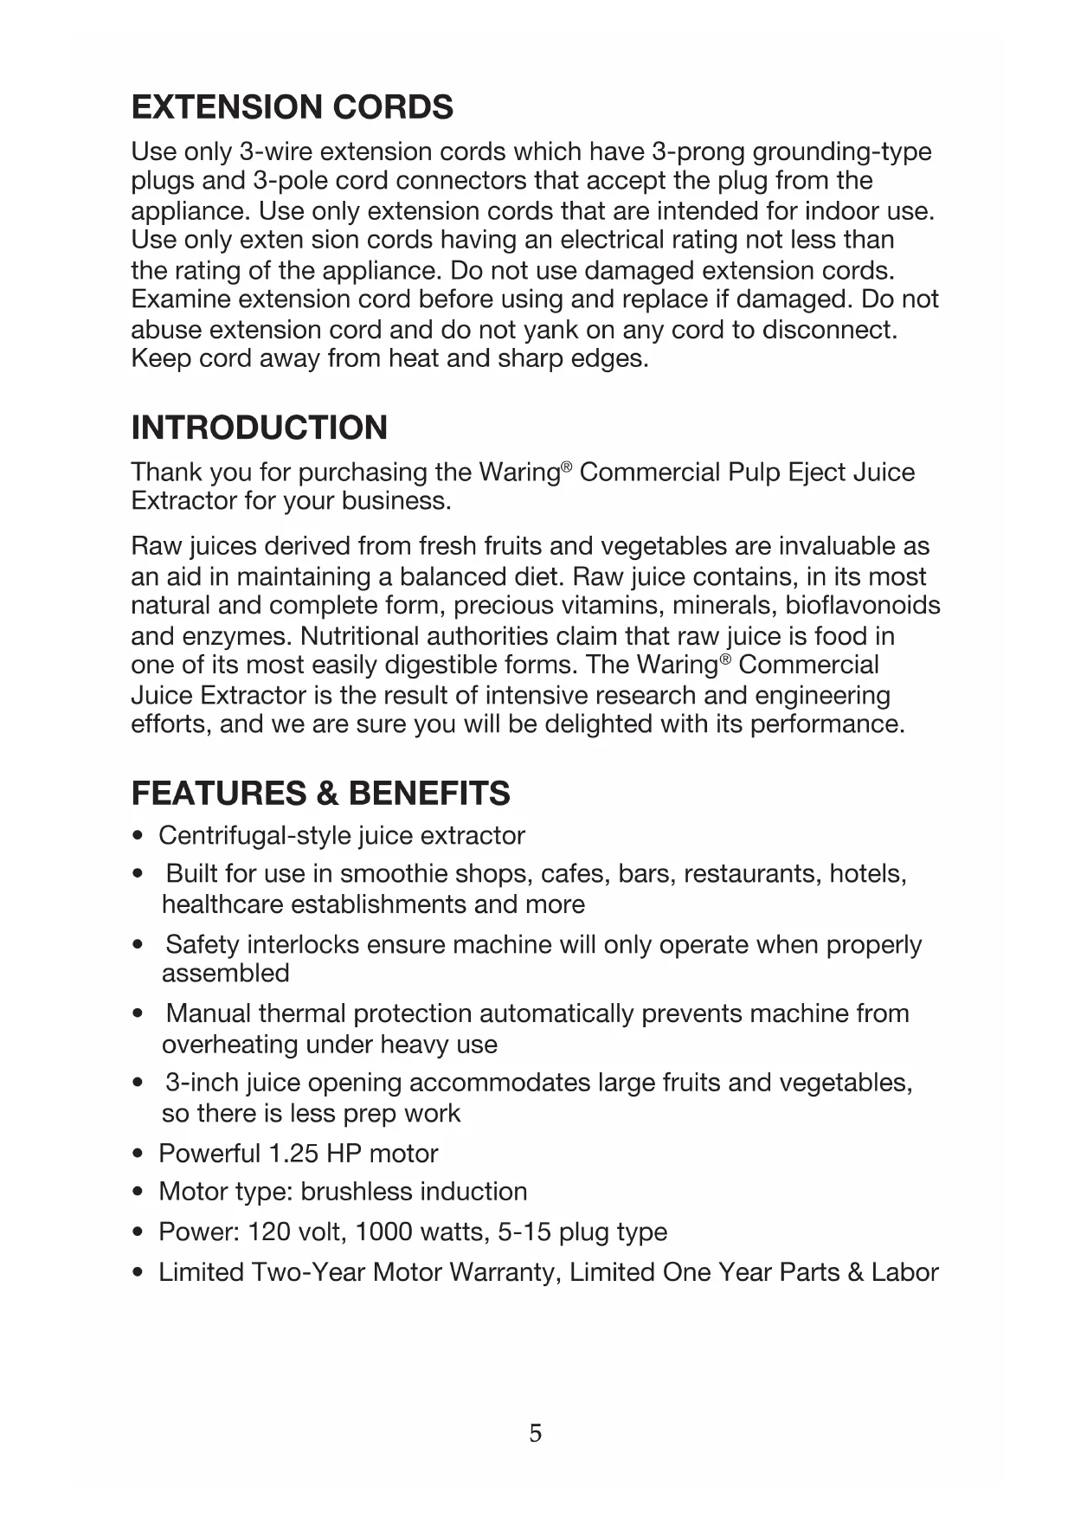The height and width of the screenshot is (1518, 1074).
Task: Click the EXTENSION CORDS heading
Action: [x=292, y=107]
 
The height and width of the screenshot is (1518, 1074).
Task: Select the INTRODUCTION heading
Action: [x=259, y=428]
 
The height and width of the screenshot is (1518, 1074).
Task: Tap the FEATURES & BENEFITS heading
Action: [x=320, y=793]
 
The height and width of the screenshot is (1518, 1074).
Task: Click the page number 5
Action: [x=536, y=1433]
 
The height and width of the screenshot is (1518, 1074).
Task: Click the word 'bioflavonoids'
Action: [x=862, y=605]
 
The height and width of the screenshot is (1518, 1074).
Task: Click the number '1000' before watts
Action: [x=383, y=1232]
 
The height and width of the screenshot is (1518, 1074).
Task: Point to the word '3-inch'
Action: [x=202, y=1083]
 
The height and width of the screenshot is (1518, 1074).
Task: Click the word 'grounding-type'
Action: [x=841, y=151]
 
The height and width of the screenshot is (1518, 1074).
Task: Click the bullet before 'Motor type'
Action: [x=138, y=1193]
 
